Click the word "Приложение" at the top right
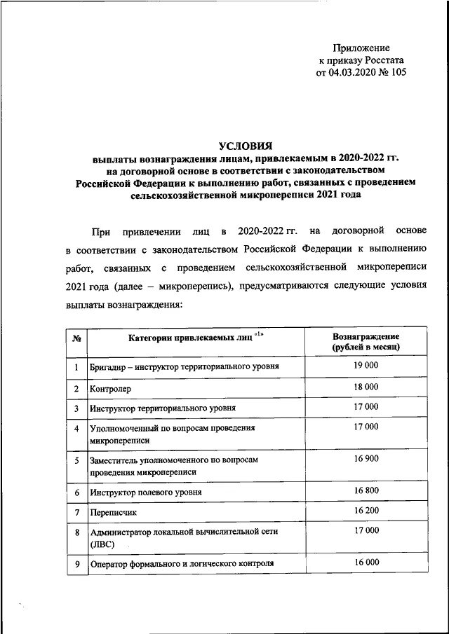click(364, 48)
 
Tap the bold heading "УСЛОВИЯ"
click(245, 146)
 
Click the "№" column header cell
click(76, 339)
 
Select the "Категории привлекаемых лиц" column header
click(190, 338)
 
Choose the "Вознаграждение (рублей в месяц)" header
click(366, 341)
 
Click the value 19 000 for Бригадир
click(366, 365)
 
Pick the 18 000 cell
click(366, 386)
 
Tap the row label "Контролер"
click(110, 388)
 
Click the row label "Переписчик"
click(113, 513)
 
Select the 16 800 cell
click(366, 490)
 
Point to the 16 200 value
click(366, 511)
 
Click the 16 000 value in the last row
click(366, 562)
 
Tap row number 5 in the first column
click(76, 460)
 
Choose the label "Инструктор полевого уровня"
click(146, 492)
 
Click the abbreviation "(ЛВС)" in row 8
click(102, 544)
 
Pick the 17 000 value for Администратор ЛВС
click(366, 530)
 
